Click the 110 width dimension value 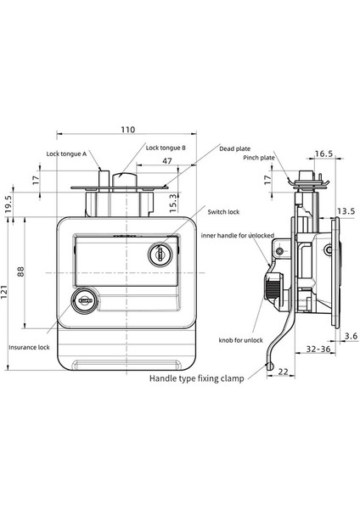tap(128, 130)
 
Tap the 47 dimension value tap(167, 161)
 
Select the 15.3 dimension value tap(173, 203)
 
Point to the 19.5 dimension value tap(8, 203)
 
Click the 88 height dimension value tap(20, 271)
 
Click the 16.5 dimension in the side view tap(324, 154)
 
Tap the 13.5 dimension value tap(346, 211)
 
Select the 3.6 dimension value tap(352, 336)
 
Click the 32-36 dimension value tap(318, 349)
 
